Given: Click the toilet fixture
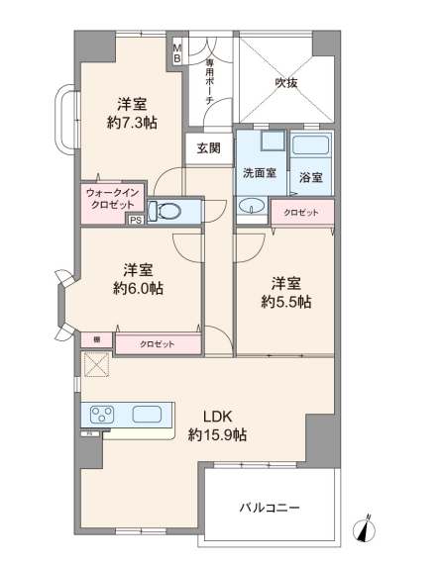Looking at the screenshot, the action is click(165, 211).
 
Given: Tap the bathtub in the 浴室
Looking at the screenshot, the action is click(311, 145).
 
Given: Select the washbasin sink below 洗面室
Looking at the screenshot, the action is click(252, 206).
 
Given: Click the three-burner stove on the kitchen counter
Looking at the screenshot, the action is click(102, 415).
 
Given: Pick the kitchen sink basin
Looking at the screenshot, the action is click(147, 414).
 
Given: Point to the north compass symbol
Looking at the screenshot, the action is click(364, 528).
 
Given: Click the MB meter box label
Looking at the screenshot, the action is click(177, 53).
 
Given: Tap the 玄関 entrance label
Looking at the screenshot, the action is click(208, 148).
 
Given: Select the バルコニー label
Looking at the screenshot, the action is click(270, 508).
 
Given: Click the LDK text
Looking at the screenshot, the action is click(217, 417).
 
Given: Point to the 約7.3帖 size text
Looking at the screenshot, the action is click(132, 124).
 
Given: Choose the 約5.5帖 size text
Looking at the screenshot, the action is click(286, 303).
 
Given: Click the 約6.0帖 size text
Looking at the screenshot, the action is click(138, 289).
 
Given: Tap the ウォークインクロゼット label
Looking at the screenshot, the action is click(113, 199).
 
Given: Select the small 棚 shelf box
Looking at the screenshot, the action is click(96, 339).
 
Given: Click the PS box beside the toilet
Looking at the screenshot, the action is click(136, 220).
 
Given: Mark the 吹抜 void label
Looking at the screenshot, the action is click(286, 83).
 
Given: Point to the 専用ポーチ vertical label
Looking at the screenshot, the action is click(210, 82).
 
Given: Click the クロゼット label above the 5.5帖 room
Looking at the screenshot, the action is click(301, 213).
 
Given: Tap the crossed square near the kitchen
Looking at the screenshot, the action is click(97, 364).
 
